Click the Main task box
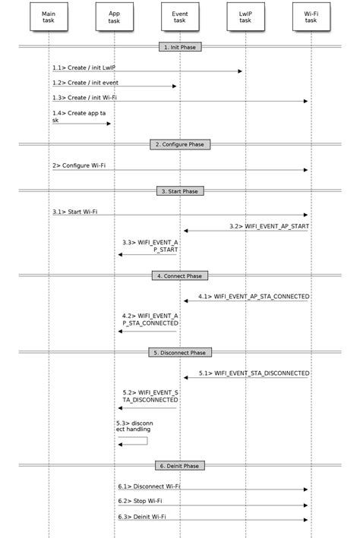click(x=49, y=17)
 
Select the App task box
click(x=114, y=17)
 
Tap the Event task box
click(x=180, y=17)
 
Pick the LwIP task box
click(x=245, y=17)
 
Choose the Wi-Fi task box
click(x=311, y=17)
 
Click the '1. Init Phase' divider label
click(x=180, y=47)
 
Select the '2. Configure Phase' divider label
click(x=180, y=144)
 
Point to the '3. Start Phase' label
click(x=180, y=191)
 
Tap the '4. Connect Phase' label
click(x=180, y=275)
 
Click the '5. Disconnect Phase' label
click(x=180, y=352)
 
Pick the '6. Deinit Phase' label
click(x=180, y=465)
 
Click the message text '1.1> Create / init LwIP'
click(x=85, y=68)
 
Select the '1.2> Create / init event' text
click(x=86, y=82)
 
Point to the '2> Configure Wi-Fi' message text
click(x=79, y=165)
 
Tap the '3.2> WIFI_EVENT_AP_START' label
click(x=269, y=226)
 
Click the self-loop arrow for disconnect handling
click(x=134, y=441)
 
